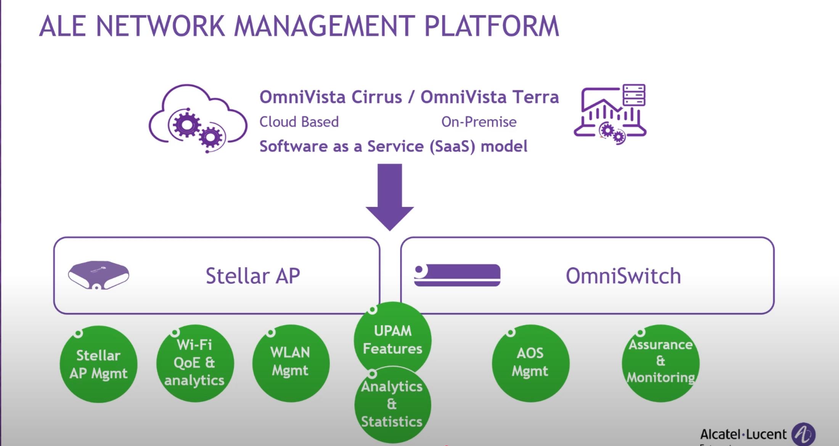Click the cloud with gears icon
pos(198,119)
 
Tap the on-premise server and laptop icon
pos(610,114)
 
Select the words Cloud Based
pos(299,122)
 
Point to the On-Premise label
pos(479,122)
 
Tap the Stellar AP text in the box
pos(252,276)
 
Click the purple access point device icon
pos(98,275)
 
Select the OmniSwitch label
pos(623,276)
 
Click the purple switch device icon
pos(457,275)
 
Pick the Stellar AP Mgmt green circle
pos(98,364)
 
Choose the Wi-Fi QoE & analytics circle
pos(194,363)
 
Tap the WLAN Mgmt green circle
pos(291,363)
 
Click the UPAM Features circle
pos(392,339)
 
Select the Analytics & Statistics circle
pos(392,404)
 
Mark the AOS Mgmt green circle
pos(530,363)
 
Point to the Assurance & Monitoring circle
pos(661,363)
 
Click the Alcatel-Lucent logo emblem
pos(803,434)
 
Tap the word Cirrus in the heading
pos(376,97)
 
